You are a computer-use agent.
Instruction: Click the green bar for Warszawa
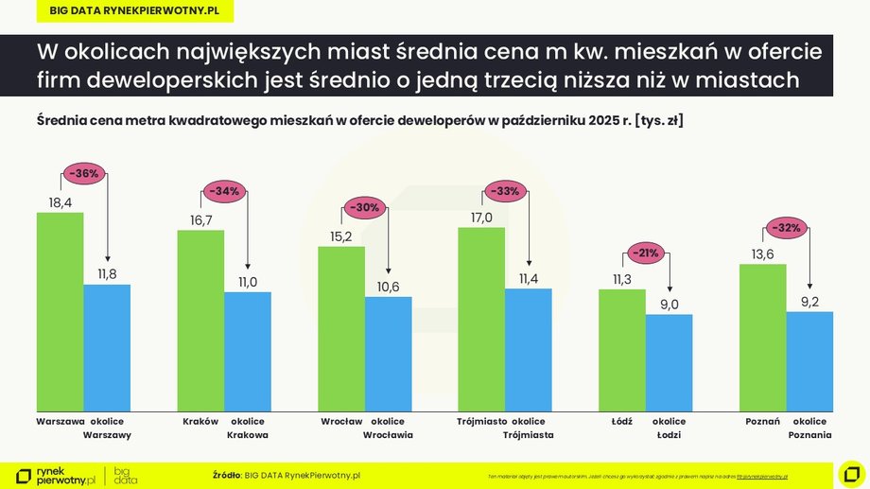[60, 311]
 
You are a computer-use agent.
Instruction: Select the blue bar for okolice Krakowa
[247, 351]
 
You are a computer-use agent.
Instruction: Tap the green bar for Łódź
[621, 350]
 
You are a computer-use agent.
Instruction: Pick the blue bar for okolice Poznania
[809, 360]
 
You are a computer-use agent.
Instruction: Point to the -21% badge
[646, 253]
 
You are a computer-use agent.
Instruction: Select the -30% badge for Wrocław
[364, 207]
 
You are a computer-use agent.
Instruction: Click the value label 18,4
[60, 201]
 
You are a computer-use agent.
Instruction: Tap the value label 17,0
[481, 218]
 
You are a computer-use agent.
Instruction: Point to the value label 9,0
[669, 304]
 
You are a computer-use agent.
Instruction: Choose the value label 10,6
[389, 287]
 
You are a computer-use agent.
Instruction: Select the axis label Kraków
[200, 421]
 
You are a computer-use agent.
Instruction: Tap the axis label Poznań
[762, 421]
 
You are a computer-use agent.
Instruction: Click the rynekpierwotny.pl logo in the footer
[57, 475]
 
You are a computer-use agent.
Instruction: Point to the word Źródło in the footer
[227, 474]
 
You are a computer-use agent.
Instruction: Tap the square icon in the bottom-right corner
[850, 472]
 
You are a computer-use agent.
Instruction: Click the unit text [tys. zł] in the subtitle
[660, 121]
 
